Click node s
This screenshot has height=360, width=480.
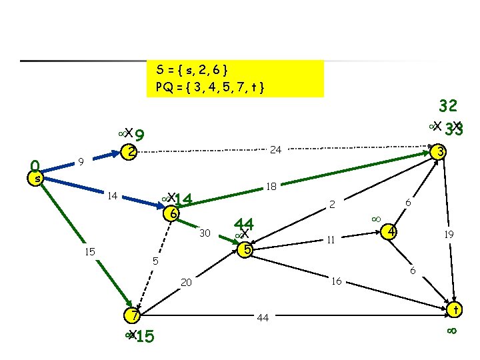coord(38,178)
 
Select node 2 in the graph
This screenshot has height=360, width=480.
coord(131,152)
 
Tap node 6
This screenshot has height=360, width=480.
coord(172,214)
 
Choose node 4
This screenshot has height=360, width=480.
coord(393,232)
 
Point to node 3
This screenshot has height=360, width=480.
coord(438,152)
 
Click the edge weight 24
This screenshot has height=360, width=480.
coord(275,151)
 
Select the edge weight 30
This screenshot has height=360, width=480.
coord(205,233)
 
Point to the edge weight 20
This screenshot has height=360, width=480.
coord(186,283)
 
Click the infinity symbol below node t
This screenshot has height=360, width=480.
coord(451,331)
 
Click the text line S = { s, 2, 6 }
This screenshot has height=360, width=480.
coord(193,69)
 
